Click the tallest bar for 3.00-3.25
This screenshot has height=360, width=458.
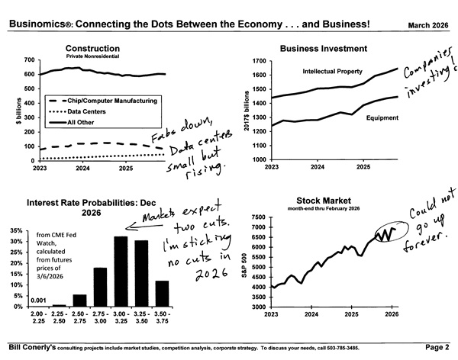point(121,272)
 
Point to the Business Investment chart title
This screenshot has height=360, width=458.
point(324,48)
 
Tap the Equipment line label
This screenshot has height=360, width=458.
point(361,118)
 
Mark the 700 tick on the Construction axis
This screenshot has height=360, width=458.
point(30,59)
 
